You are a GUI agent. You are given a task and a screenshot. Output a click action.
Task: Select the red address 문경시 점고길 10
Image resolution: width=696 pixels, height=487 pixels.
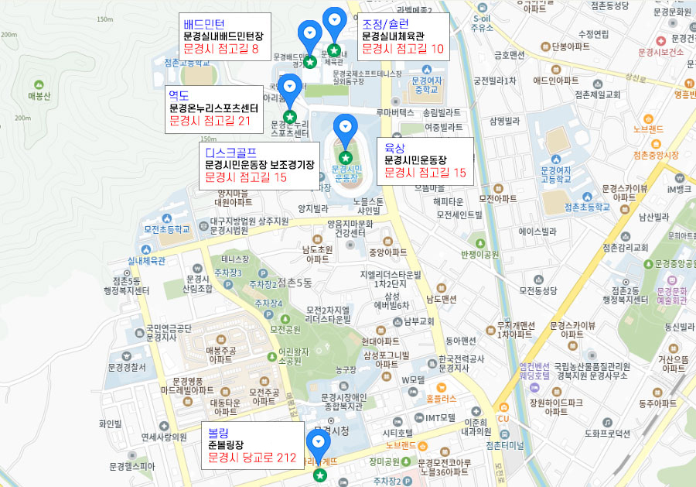pyautogui.click(x=403, y=49)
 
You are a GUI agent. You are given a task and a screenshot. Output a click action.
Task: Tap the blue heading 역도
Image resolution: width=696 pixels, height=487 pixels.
pyautogui.click(x=179, y=95)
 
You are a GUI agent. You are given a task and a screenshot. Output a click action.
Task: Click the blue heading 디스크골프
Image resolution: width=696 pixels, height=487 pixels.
pyautogui.click(x=231, y=152)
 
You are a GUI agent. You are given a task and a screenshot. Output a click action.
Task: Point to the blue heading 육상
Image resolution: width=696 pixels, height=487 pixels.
pyautogui.click(x=394, y=146)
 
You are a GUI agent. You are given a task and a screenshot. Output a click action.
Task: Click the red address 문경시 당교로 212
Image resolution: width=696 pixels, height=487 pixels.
pyautogui.click(x=252, y=458)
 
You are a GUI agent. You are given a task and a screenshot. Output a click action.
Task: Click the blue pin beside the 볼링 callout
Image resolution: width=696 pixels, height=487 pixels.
pyautogui.click(x=319, y=442)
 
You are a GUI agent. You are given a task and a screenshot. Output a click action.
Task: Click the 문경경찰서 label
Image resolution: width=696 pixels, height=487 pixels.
pyautogui.click(x=128, y=368)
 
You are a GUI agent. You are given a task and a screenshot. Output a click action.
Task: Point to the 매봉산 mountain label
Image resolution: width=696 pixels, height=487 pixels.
pyautogui.click(x=39, y=96)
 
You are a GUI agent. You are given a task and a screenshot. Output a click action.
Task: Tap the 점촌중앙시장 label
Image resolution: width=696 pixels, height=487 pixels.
pyautogui.click(x=654, y=155)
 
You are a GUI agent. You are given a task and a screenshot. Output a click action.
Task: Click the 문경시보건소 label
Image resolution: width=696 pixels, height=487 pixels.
pyautogui.click(x=660, y=52)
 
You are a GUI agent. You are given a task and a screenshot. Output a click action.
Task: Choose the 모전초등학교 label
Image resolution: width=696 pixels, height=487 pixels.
pyautogui.click(x=166, y=229)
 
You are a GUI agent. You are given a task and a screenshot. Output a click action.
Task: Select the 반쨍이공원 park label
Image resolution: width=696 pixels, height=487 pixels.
pyautogui.click(x=482, y=254)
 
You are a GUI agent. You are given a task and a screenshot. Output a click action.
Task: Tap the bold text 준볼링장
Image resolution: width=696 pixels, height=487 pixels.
pyautogui.click(x=226, y=445)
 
